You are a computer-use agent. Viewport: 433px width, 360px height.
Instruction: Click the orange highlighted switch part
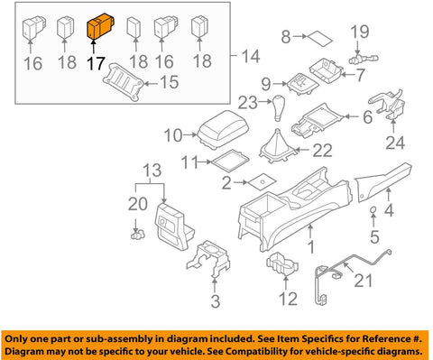point(100,26)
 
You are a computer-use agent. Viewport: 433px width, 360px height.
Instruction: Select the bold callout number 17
point(96,64)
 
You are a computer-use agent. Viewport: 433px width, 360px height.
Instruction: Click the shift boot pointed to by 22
point(277,146)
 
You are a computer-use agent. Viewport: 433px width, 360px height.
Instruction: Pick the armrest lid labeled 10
point(224,129)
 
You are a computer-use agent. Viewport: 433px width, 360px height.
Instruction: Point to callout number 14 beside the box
point(250,57)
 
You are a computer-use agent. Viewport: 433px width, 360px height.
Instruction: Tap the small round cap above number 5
point(373,209)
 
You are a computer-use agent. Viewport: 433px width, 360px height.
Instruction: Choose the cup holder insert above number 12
point(282,263)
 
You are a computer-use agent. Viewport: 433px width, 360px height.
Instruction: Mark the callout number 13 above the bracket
point(152,171)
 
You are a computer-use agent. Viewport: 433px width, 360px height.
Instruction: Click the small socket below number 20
point(138,235)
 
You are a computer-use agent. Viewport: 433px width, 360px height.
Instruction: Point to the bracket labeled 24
point(387,105)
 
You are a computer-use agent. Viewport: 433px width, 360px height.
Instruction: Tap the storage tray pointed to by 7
point(326,71)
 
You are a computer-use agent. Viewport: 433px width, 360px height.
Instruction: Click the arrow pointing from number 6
point(353,116)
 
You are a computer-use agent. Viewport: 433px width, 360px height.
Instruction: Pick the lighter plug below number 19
point(364,59)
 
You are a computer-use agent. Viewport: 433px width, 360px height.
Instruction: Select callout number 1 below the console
point(311,247)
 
